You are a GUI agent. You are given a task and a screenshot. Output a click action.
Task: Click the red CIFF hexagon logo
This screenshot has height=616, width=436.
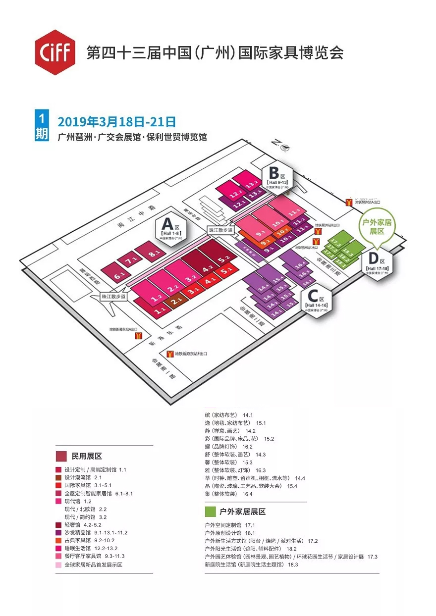(54, 52)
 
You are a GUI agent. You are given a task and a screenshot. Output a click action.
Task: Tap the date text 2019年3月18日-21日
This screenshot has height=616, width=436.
(117, 121)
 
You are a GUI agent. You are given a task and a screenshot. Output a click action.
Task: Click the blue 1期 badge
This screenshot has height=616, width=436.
(42, 126)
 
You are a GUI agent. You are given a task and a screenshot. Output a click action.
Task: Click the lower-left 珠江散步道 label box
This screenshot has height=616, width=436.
(113, 297)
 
